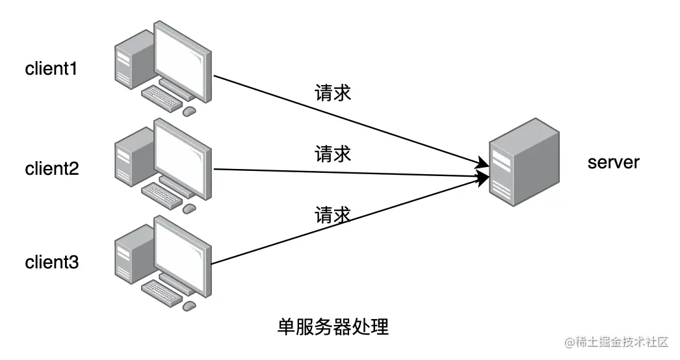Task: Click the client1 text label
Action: click(51, 69)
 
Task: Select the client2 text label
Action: click(51, 169)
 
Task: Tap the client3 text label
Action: click(51, 263)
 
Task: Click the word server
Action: click(613, 162)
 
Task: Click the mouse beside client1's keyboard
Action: click(189, 111)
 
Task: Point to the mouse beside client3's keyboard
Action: click(189, 305)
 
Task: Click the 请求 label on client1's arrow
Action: click(333, 92)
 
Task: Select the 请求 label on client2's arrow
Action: click(333, 154)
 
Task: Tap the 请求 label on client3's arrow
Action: click(333, 214)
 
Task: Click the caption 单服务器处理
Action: click(333, 326)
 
